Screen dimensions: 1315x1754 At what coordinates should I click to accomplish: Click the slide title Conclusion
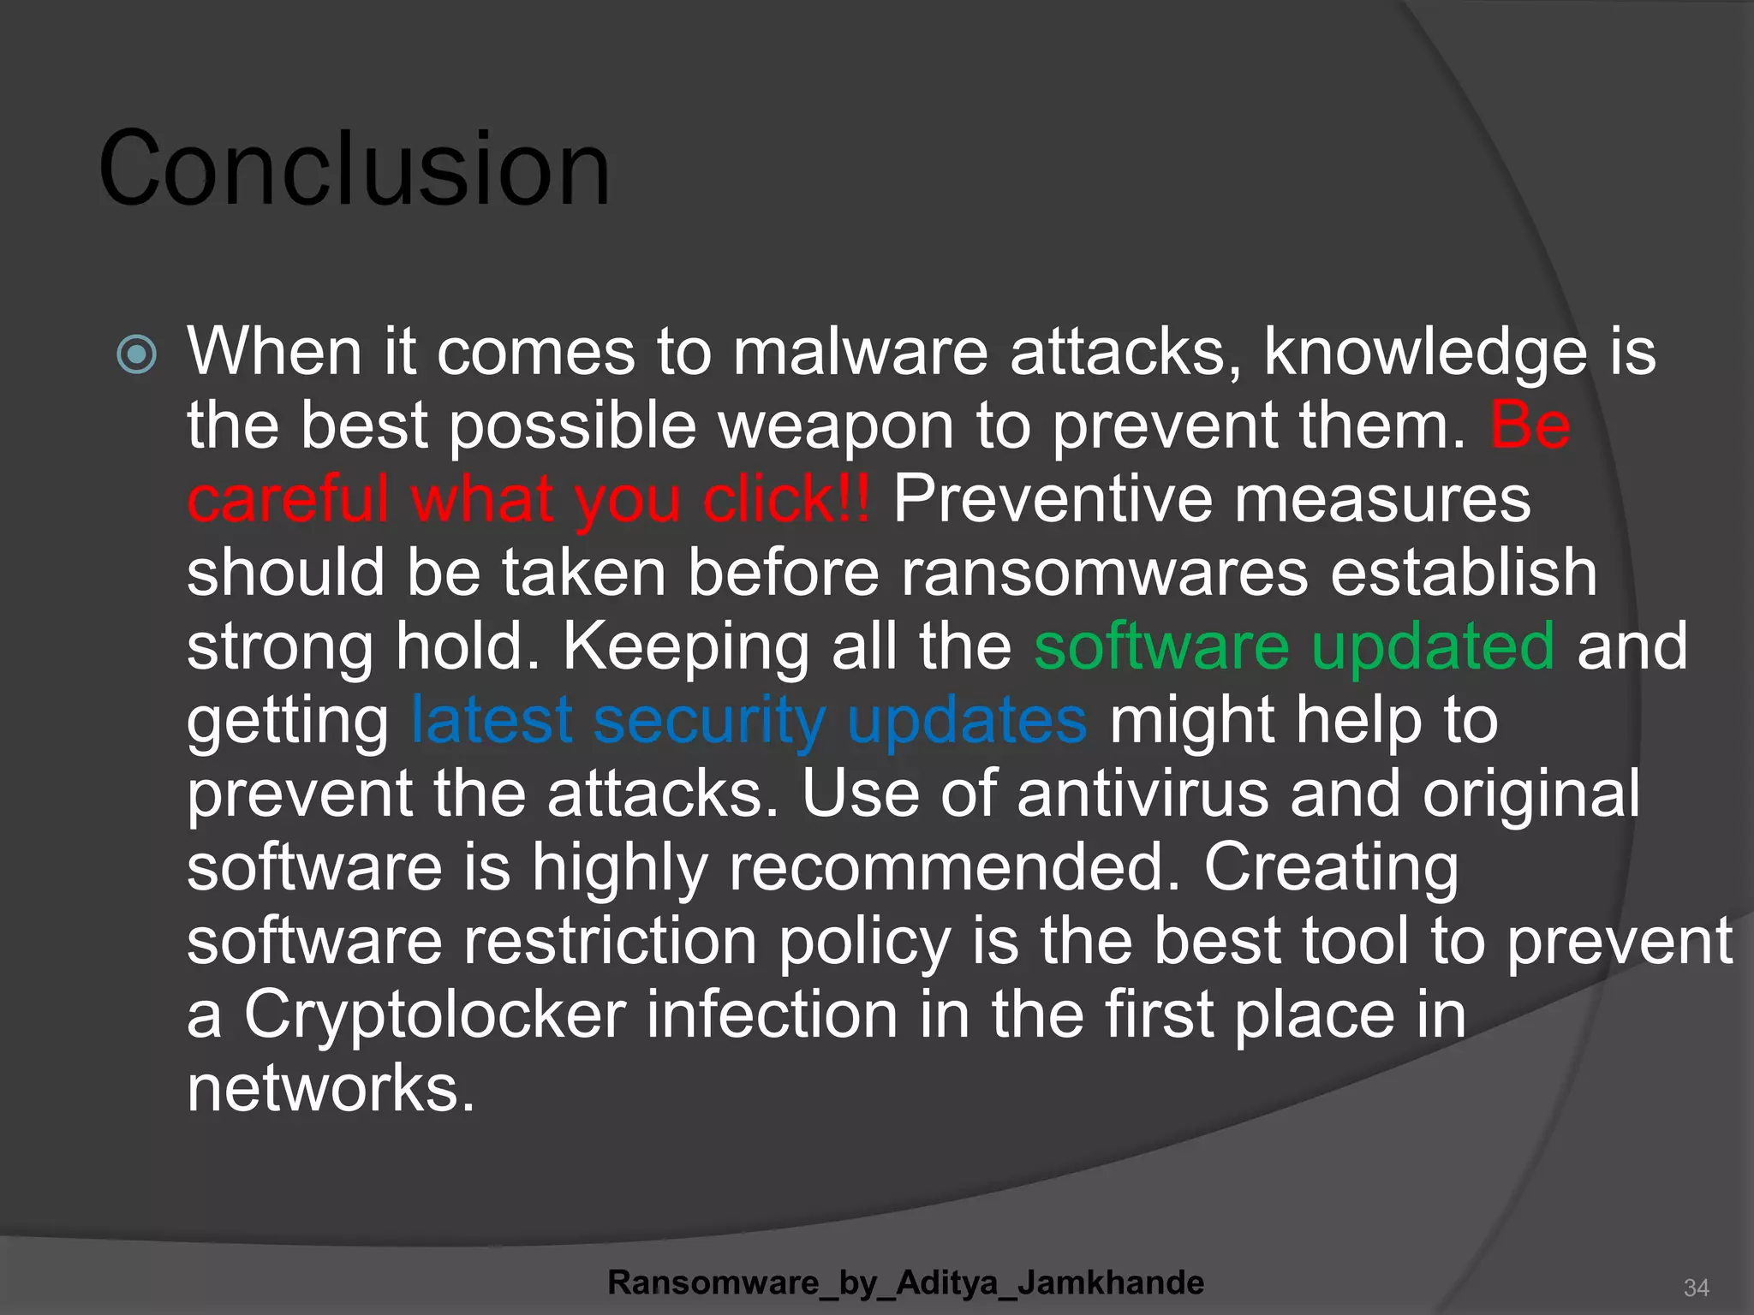(x=355, y=169)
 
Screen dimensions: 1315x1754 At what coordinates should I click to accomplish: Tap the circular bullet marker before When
(x=137, y=354)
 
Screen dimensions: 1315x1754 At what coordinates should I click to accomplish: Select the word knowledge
(x=1426, y=352)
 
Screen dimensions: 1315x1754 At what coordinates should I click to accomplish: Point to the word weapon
(x=836, y=425)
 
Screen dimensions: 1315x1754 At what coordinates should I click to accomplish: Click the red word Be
(x=1530, y=425)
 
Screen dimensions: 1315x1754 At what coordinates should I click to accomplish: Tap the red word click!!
(x=786, y=499)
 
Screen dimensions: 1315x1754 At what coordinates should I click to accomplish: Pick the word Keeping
(x=686, y=647)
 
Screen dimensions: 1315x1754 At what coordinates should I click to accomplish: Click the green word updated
(x=1433, y=646)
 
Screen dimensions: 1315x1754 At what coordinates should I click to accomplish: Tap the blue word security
(x=709, y=720)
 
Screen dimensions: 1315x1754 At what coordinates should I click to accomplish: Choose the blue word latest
(x=492, y=720)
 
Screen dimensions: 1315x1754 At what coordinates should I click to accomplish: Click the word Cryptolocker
(x=435, y=1015)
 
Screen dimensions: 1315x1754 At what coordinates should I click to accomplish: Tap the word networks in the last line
(x=331, y=1088)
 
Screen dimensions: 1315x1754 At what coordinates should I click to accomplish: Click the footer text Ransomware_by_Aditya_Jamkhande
(x=905, y=1282)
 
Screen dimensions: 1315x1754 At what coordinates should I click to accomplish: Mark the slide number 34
(x=1696, y=1288)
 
